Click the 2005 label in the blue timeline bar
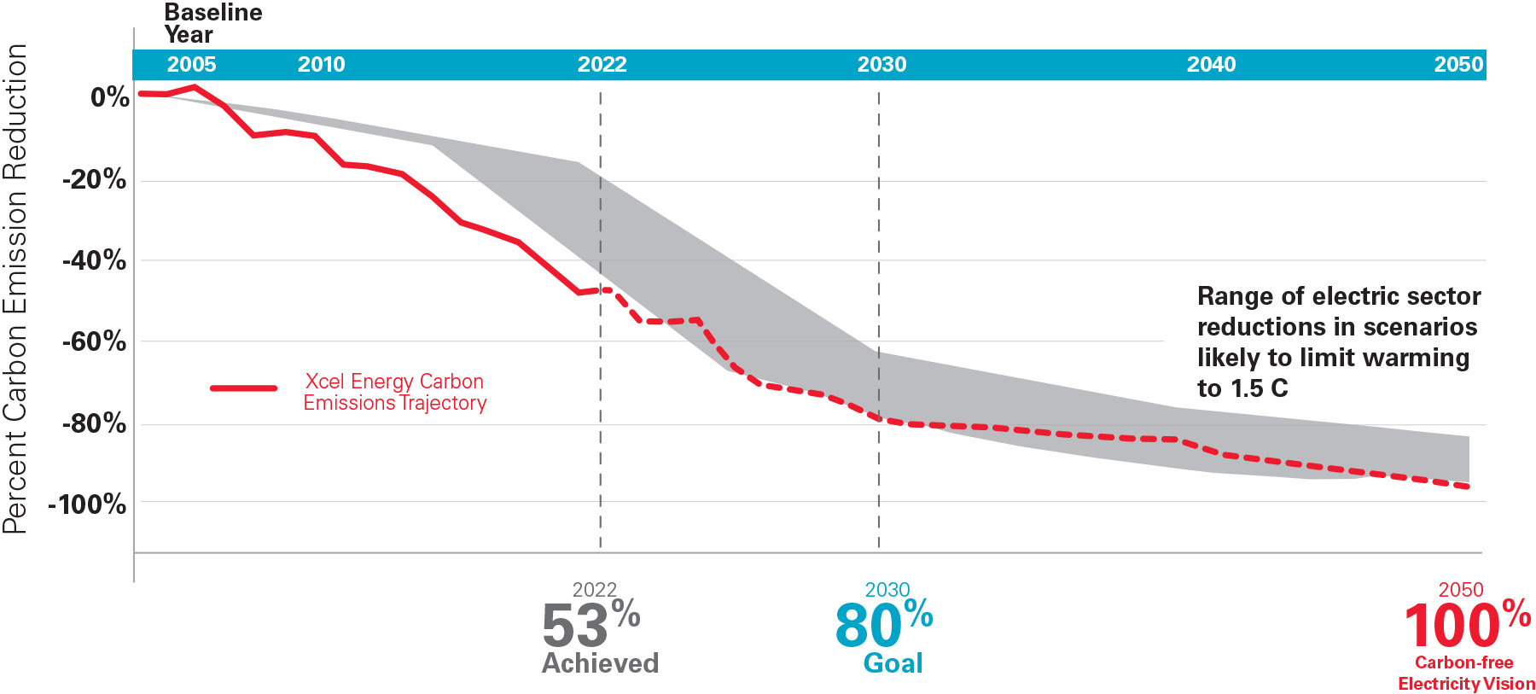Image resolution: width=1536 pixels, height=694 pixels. [x=191, y=65]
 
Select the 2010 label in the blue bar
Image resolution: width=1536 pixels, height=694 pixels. [x=321, y=65]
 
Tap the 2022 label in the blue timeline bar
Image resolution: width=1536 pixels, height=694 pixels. [x=602, y=65]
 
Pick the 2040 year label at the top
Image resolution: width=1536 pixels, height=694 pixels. [x=1211, y=65]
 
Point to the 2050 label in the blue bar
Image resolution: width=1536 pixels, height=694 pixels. [x=1458, y=65]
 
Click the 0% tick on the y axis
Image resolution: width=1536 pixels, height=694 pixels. [x=110, y=97]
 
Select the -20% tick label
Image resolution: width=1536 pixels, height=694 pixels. [x=94, y=179]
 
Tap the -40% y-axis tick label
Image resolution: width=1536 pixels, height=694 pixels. [x=94, y=260]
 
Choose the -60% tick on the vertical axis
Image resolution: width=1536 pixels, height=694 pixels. [x=94, y=342]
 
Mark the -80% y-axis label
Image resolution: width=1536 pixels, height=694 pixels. [x=94, y=423]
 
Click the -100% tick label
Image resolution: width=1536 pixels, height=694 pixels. [x=87, y=504]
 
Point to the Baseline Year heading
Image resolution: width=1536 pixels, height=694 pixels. [x=212, y=23]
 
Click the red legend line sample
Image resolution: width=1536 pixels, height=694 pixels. [x=244, y=388]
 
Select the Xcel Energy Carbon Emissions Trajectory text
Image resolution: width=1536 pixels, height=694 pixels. [x=394, y=392]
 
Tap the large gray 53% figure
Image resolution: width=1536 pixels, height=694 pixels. [x=589, y=625]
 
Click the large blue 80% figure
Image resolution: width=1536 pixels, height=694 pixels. [x=882, y=625]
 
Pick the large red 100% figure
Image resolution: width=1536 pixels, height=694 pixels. [x=1466, y=625]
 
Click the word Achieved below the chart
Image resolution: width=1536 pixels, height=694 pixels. [x=600, y=663]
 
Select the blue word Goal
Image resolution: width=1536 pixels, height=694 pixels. [x=893, y=663]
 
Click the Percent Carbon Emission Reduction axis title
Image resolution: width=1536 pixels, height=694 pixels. [x=15, y=289]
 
